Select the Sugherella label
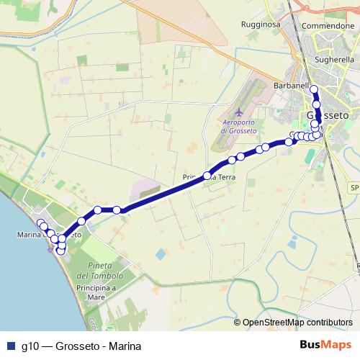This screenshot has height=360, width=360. click(x=333, y=60)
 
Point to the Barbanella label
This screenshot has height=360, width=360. click(x=292, y=86)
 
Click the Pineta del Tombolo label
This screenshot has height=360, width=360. click(x=102, y=271)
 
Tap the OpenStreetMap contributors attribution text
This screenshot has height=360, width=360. click(x=297, y=323)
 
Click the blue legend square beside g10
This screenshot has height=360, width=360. click(x=9, y=346)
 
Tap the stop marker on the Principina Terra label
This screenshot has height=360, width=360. click(x=207, y=175)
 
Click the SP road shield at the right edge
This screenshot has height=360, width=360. click(x=354, y=187)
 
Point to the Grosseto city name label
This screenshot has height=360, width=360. click(x=328, y=115)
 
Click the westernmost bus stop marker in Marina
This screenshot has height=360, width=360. click(x=41, y=222)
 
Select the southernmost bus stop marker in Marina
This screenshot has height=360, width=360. click(x=60, y=251)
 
